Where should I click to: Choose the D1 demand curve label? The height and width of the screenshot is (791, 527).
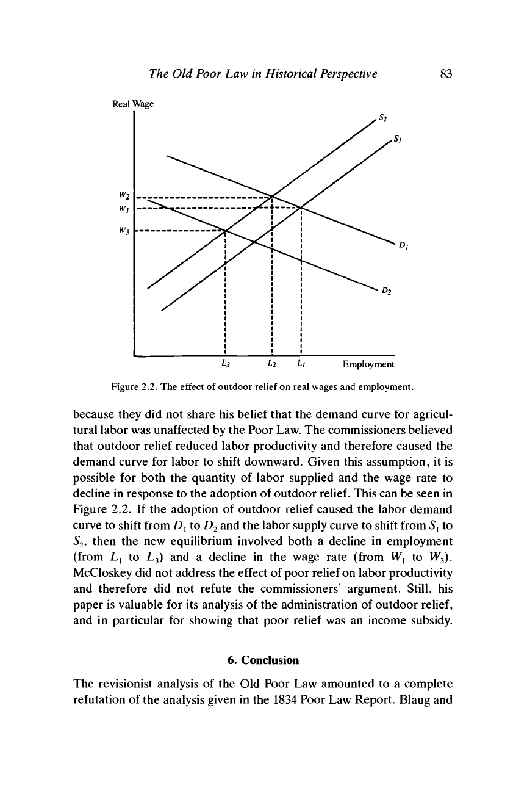click(x=403, y=246)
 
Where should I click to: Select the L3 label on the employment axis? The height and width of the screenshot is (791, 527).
click(x=225, y=365)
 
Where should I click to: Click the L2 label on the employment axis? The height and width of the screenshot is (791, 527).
click(x=271, y=365)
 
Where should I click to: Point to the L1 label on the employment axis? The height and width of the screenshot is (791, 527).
click(x=301, y=365)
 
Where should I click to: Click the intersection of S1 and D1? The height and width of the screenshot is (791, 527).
click(x=302, y=208)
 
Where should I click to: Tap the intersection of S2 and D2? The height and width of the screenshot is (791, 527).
click(x=226, y=231)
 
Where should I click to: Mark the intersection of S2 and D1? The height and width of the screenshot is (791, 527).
click(x=271, y=196)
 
